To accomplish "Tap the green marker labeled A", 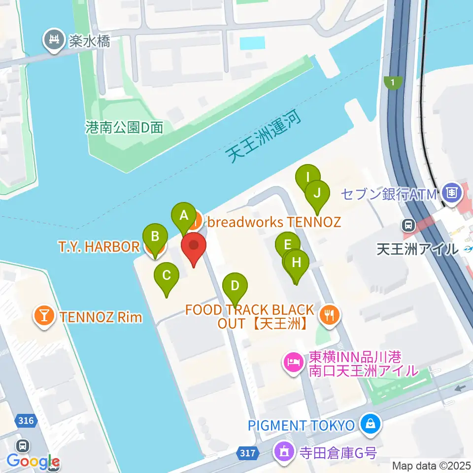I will pos(184,215).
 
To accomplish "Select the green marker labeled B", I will pos(155,236).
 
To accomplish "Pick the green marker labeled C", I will pos(167,275).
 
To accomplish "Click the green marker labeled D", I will pos(235,285).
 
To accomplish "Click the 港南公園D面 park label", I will pos(124,128).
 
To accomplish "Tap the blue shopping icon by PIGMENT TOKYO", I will pos(370,423).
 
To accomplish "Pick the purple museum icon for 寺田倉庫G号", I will pos(284,449).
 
